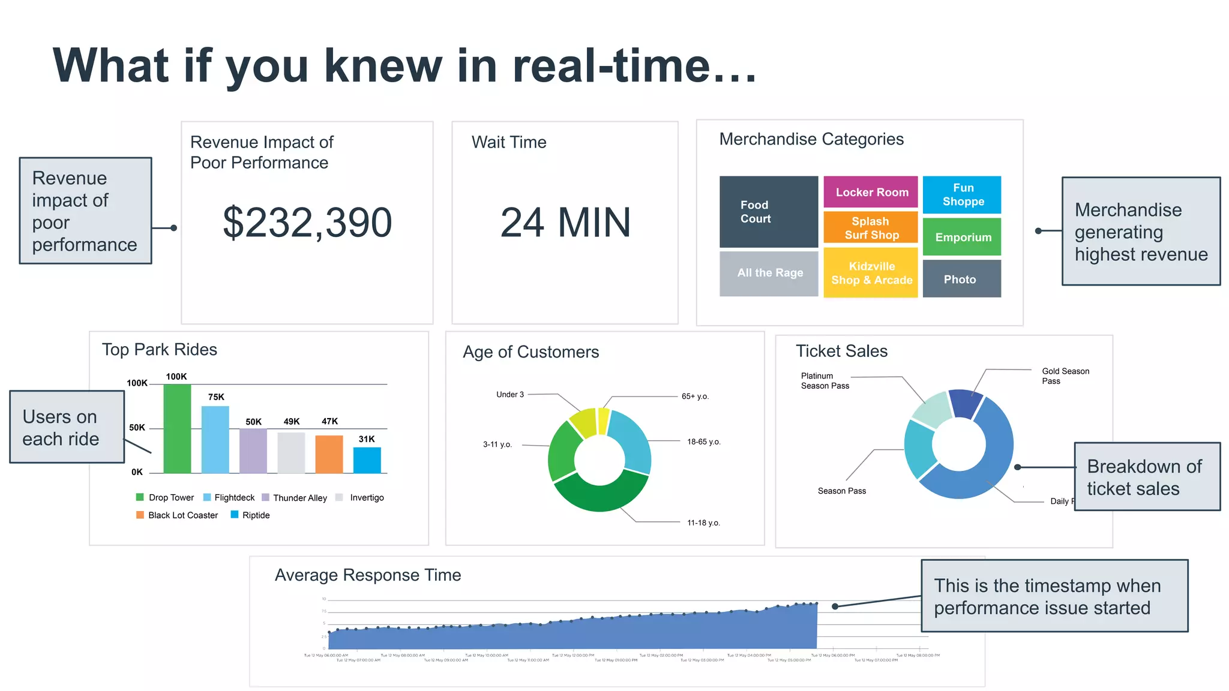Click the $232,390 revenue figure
click(x=307, y=223)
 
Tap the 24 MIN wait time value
click(x=565, y=223)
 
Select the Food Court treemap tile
click(x=768, y=212)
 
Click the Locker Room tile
click(x=871, y=192)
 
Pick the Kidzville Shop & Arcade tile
click(x=871, y=273)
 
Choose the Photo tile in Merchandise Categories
click(x=961, y=279)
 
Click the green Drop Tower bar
click(x=177, y=429)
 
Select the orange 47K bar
click(x=329, y=454)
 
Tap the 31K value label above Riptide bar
click(x=367, y=439)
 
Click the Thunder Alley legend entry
click(x=299, y=498)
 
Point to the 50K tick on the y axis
click(x=137, y=428)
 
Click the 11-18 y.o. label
click(x=703, y=523)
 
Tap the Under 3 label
click(x=510, y=395)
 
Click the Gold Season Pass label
click(x=1065, y=376)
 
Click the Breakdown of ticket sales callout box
click(x=1146, y=477)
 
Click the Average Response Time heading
click(x=368, y=575)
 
